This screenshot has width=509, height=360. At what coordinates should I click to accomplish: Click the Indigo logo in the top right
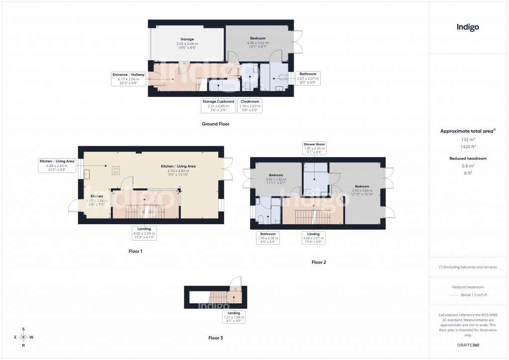point(468,28)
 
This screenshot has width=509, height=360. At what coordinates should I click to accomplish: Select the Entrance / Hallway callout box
point(128,79)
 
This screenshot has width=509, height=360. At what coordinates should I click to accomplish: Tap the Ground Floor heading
point(215,124)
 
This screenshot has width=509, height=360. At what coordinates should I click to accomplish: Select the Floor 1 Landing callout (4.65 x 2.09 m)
point(144,233)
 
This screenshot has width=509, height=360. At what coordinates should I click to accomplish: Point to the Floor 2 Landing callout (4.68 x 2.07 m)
point(313,238)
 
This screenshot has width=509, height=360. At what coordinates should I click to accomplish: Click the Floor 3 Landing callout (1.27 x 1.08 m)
point(233,317)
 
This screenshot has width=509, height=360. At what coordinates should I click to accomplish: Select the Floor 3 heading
point(215,338)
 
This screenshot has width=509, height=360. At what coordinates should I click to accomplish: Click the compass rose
point(23,337)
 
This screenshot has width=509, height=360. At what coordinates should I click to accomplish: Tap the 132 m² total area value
point(468,140)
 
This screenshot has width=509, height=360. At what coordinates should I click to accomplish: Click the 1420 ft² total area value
point(468,147)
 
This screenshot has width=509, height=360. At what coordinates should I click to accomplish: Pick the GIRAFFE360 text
point(468,345)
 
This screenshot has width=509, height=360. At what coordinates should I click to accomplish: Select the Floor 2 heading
point(319,262)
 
